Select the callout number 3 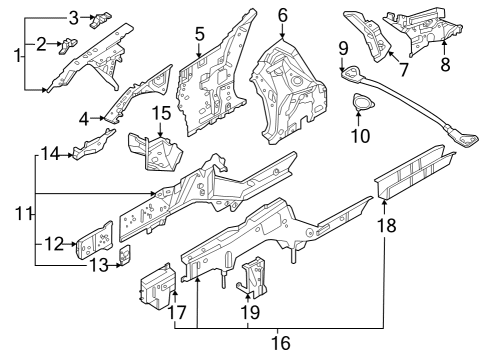72,17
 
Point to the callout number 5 199,34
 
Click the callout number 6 283,15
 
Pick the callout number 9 343,47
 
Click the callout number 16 283,343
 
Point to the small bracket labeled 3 101,18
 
